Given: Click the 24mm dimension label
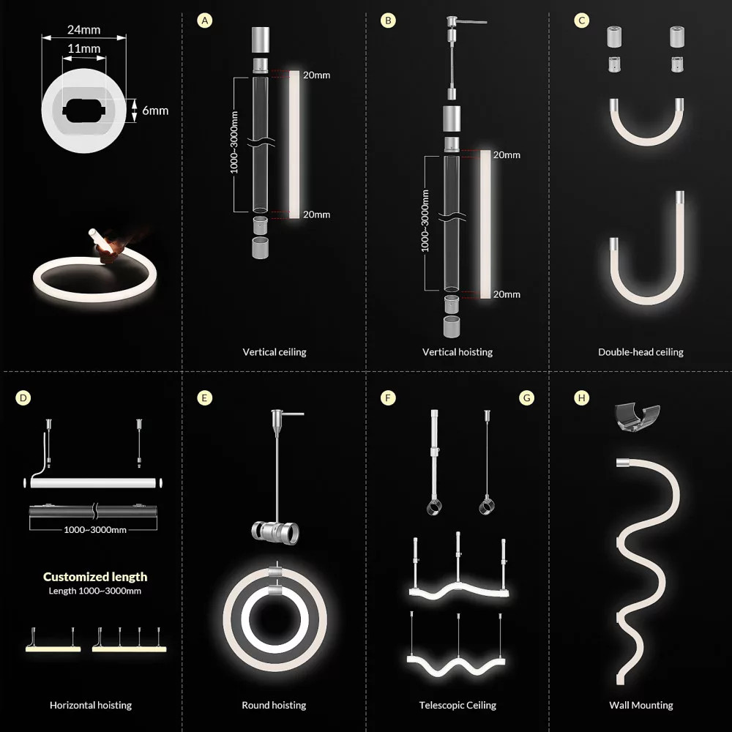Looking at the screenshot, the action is click(x=83, y=30).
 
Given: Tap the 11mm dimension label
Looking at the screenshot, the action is click(x=84, y=48).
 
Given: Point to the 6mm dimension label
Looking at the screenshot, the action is click(x=155, y=111).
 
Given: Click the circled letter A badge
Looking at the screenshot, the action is click(x=204, y=20).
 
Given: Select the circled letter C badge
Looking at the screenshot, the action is click(x=581, y=20).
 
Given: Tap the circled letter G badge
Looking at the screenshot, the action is click(x=526, y=397).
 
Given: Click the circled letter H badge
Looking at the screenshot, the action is click(x=581, y=397).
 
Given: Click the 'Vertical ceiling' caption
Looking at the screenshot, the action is click(x=274, y=352).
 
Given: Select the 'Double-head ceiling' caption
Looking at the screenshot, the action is click(x=640, y=352).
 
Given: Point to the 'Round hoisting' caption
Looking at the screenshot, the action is click(x=274, y=705).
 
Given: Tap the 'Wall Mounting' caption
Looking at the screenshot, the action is click(x=641, y=705).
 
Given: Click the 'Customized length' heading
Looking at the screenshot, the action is click(x=95, y=577).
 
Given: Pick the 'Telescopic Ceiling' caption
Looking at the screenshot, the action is click(x=457, y=705).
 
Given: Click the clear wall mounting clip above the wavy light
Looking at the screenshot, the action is click(x=638, y=417).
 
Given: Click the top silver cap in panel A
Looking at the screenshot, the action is click(x=261, y=40).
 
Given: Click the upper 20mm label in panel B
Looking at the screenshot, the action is click(x=507, y=155).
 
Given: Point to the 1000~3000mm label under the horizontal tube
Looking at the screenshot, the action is click(x=95, y=530).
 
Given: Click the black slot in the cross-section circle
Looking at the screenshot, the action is click(x=84, y=111).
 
